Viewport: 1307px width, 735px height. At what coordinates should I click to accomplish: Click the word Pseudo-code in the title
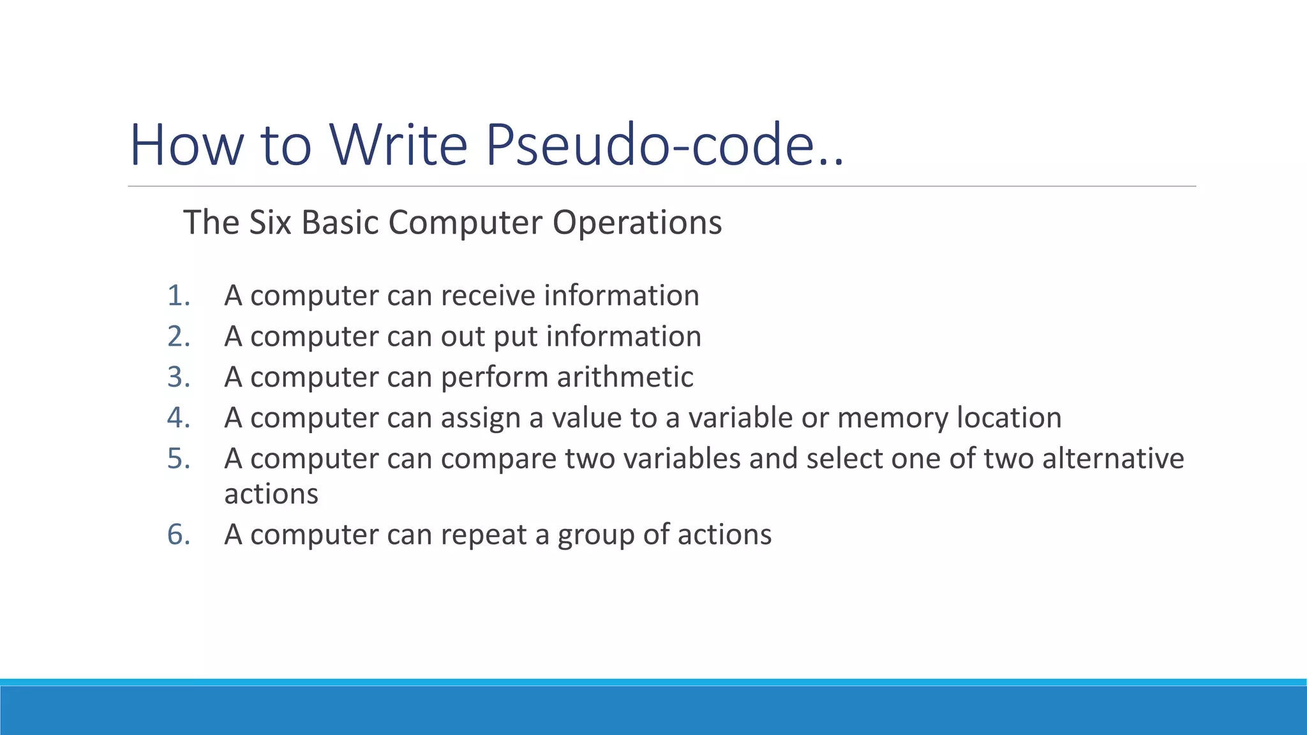click(x=664, y=145)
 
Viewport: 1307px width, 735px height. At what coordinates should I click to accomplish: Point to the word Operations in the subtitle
click(x=637, y=223)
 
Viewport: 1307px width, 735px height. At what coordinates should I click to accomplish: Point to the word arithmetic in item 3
click(x=625, y=377)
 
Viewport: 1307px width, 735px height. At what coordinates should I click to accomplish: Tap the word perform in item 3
click(x=494, y=377)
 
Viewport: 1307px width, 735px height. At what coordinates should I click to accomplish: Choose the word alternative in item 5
click(x=1113, y=459)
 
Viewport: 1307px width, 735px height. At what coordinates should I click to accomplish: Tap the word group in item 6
click(x=596, y=535)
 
